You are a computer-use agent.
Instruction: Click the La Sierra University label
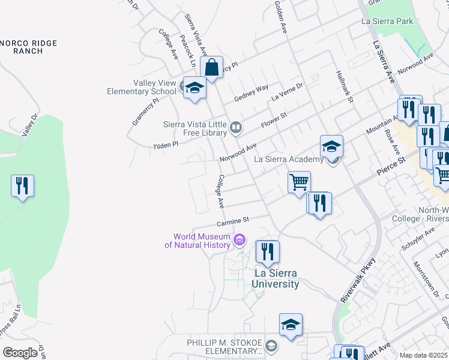[x=276, y=278]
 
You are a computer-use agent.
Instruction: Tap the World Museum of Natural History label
[x=198, y=241]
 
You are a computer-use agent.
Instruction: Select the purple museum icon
[x=240, y=241]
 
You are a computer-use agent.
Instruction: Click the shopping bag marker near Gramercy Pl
[x=211, y=67]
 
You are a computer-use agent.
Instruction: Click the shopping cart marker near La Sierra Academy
[x=299, y=182]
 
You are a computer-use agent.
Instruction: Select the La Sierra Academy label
[x=289, y=159]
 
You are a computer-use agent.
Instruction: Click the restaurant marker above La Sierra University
[x=268, y=252]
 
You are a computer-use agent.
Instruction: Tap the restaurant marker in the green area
[x=23, y=186]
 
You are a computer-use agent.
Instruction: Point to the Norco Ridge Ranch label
[x=29, y=47]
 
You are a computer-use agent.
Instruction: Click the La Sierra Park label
[x=387, y=21]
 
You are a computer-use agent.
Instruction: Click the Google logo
[x=20, y=353]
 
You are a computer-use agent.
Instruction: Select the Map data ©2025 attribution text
[x=423, y=355]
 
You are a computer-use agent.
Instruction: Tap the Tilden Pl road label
[x=166, y=145]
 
